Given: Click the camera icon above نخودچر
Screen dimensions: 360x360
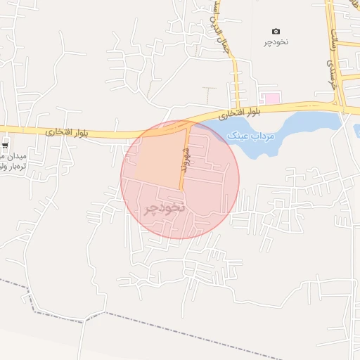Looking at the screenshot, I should [276, 31].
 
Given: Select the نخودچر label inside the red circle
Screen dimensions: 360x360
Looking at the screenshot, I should [165, 208].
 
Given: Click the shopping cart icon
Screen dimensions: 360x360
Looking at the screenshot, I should [6, 146].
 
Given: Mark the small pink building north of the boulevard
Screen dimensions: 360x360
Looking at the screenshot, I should [271, 97].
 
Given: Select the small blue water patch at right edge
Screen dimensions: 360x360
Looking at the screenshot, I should [357, 131].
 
